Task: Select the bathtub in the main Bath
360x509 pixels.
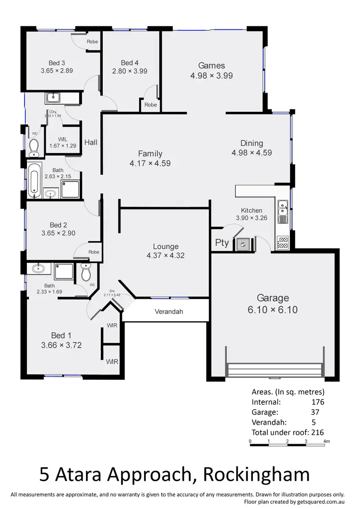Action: tap(33, 180)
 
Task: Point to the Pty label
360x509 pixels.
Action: tap(222, 243)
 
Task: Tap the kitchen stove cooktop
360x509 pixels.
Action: tap(283, 242)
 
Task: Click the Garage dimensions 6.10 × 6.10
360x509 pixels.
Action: tap(273, 310)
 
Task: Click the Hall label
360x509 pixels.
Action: tap(91, 142)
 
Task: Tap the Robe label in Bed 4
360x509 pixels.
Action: tap(150, 105)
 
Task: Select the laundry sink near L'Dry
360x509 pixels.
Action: tap(52, 98)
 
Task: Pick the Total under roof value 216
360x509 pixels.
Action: tap(318, 432)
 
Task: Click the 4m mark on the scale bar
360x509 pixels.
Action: tap(327, 441)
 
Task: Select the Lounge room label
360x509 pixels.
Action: tap(166, 247)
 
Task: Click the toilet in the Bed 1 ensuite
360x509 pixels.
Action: tap(86, 273)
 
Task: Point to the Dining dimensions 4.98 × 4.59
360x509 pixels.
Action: tap(252, 153)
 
